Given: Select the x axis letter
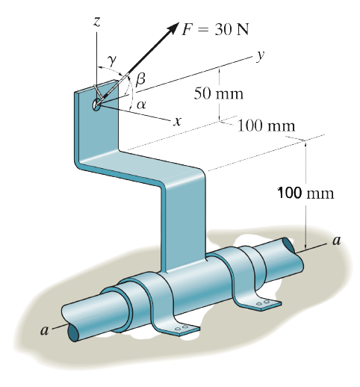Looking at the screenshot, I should (x=177, y=120).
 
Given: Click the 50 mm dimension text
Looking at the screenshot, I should (x=219, y=94).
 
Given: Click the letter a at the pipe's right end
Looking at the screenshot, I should (x=337, y=241).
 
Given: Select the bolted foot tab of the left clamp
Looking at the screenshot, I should (x=183, y=326).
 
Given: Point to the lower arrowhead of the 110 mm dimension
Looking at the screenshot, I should (x=306, y=246).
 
